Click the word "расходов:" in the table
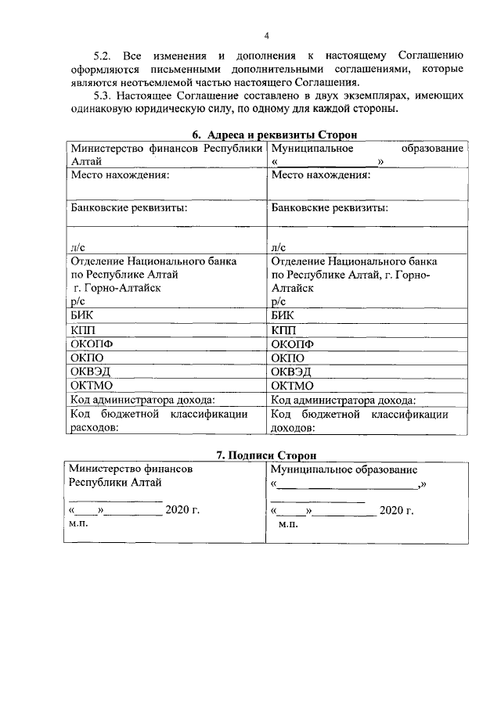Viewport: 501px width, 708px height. pos(94,428)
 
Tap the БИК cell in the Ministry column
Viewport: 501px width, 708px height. pos(81,315)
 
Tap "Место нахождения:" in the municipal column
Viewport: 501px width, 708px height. pos(320,175)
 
